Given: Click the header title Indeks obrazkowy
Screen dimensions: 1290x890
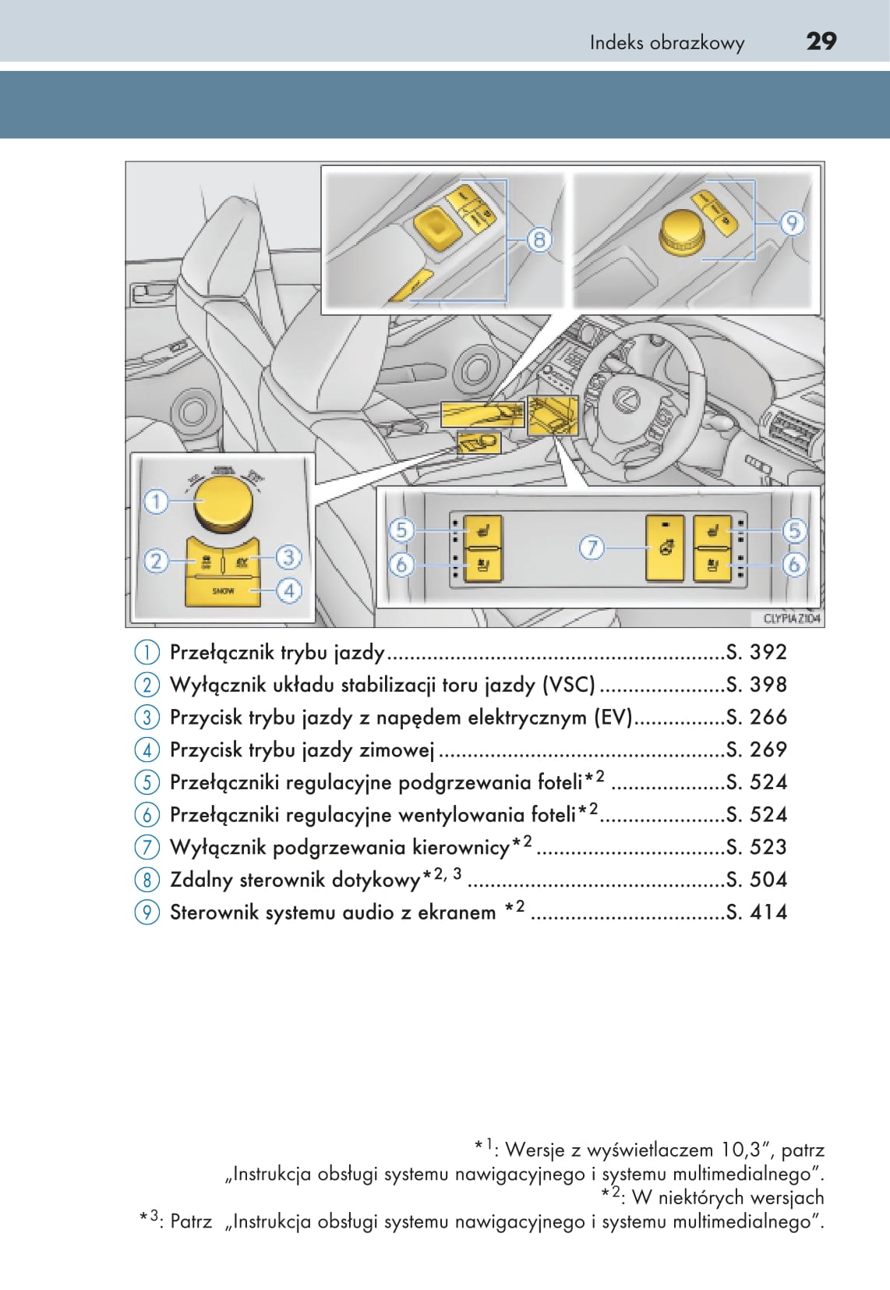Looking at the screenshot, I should (x=666, y=43).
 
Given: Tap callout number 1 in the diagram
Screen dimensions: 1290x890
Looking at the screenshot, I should (x=156, y=501).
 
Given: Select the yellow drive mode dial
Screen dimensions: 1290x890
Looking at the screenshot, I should (x=224, y=503).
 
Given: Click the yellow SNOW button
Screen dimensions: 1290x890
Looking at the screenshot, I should (x=223, y=591).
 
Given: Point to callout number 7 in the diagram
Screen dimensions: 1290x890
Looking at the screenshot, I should (x=592, y=548).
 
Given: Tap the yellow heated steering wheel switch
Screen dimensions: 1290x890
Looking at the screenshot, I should (x=665, y=548).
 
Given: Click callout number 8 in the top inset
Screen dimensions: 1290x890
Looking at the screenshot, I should (x=539, y=239).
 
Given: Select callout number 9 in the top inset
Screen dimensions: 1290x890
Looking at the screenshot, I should (x=792, y=224).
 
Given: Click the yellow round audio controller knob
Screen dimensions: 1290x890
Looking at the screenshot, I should (x=683, y=232).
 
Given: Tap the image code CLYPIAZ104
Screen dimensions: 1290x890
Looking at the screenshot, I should (x=792, y=618).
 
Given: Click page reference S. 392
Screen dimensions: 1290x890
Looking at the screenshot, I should (x=756, y=652).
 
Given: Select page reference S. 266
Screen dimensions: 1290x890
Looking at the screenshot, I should (x=756, y=717).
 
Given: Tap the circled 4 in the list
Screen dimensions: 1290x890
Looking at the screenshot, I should (x=147, y=750).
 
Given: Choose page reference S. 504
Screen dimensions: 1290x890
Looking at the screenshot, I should (x=756, y=880).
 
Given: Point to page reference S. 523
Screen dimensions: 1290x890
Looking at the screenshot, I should (x=756, y=847).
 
